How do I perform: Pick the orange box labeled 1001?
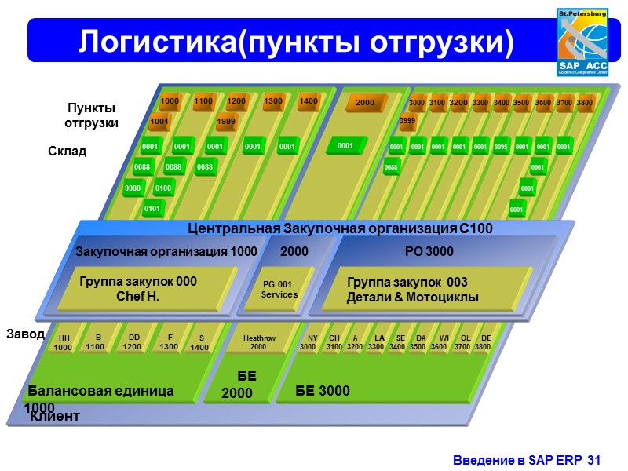click(159, 122)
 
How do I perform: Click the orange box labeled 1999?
click(226, 122)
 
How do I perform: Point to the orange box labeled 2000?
click(364, 104)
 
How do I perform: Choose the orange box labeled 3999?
click(407, 121)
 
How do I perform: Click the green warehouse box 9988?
click(133, 188)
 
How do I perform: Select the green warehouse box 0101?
click(152, 208)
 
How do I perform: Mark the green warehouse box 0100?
click(163, 188)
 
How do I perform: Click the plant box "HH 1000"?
click(64, 342)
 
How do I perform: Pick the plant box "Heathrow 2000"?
click(259, 342)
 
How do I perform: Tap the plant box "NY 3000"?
click(309, 342)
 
